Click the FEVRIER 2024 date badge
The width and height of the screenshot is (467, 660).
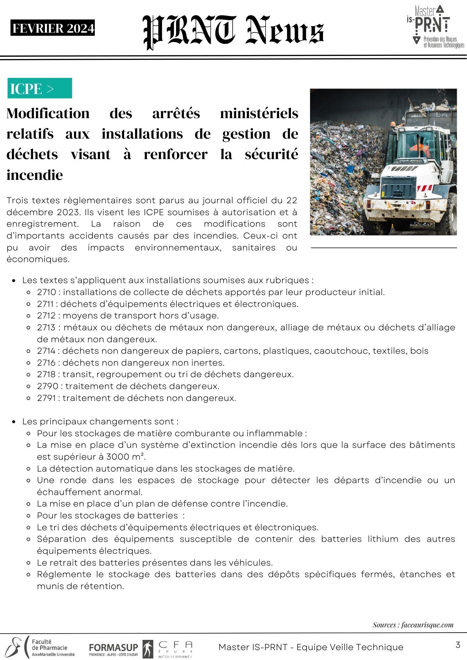[53, 28]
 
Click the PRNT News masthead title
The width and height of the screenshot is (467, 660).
[233, 32]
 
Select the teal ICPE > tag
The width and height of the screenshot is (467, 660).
[40, 88]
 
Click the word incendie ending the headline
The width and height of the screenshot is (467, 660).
[35, 175]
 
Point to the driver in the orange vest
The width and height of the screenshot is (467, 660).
[420, 149]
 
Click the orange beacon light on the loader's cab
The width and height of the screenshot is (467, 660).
[393, 124]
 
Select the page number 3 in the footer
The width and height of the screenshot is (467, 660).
[458, 645]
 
